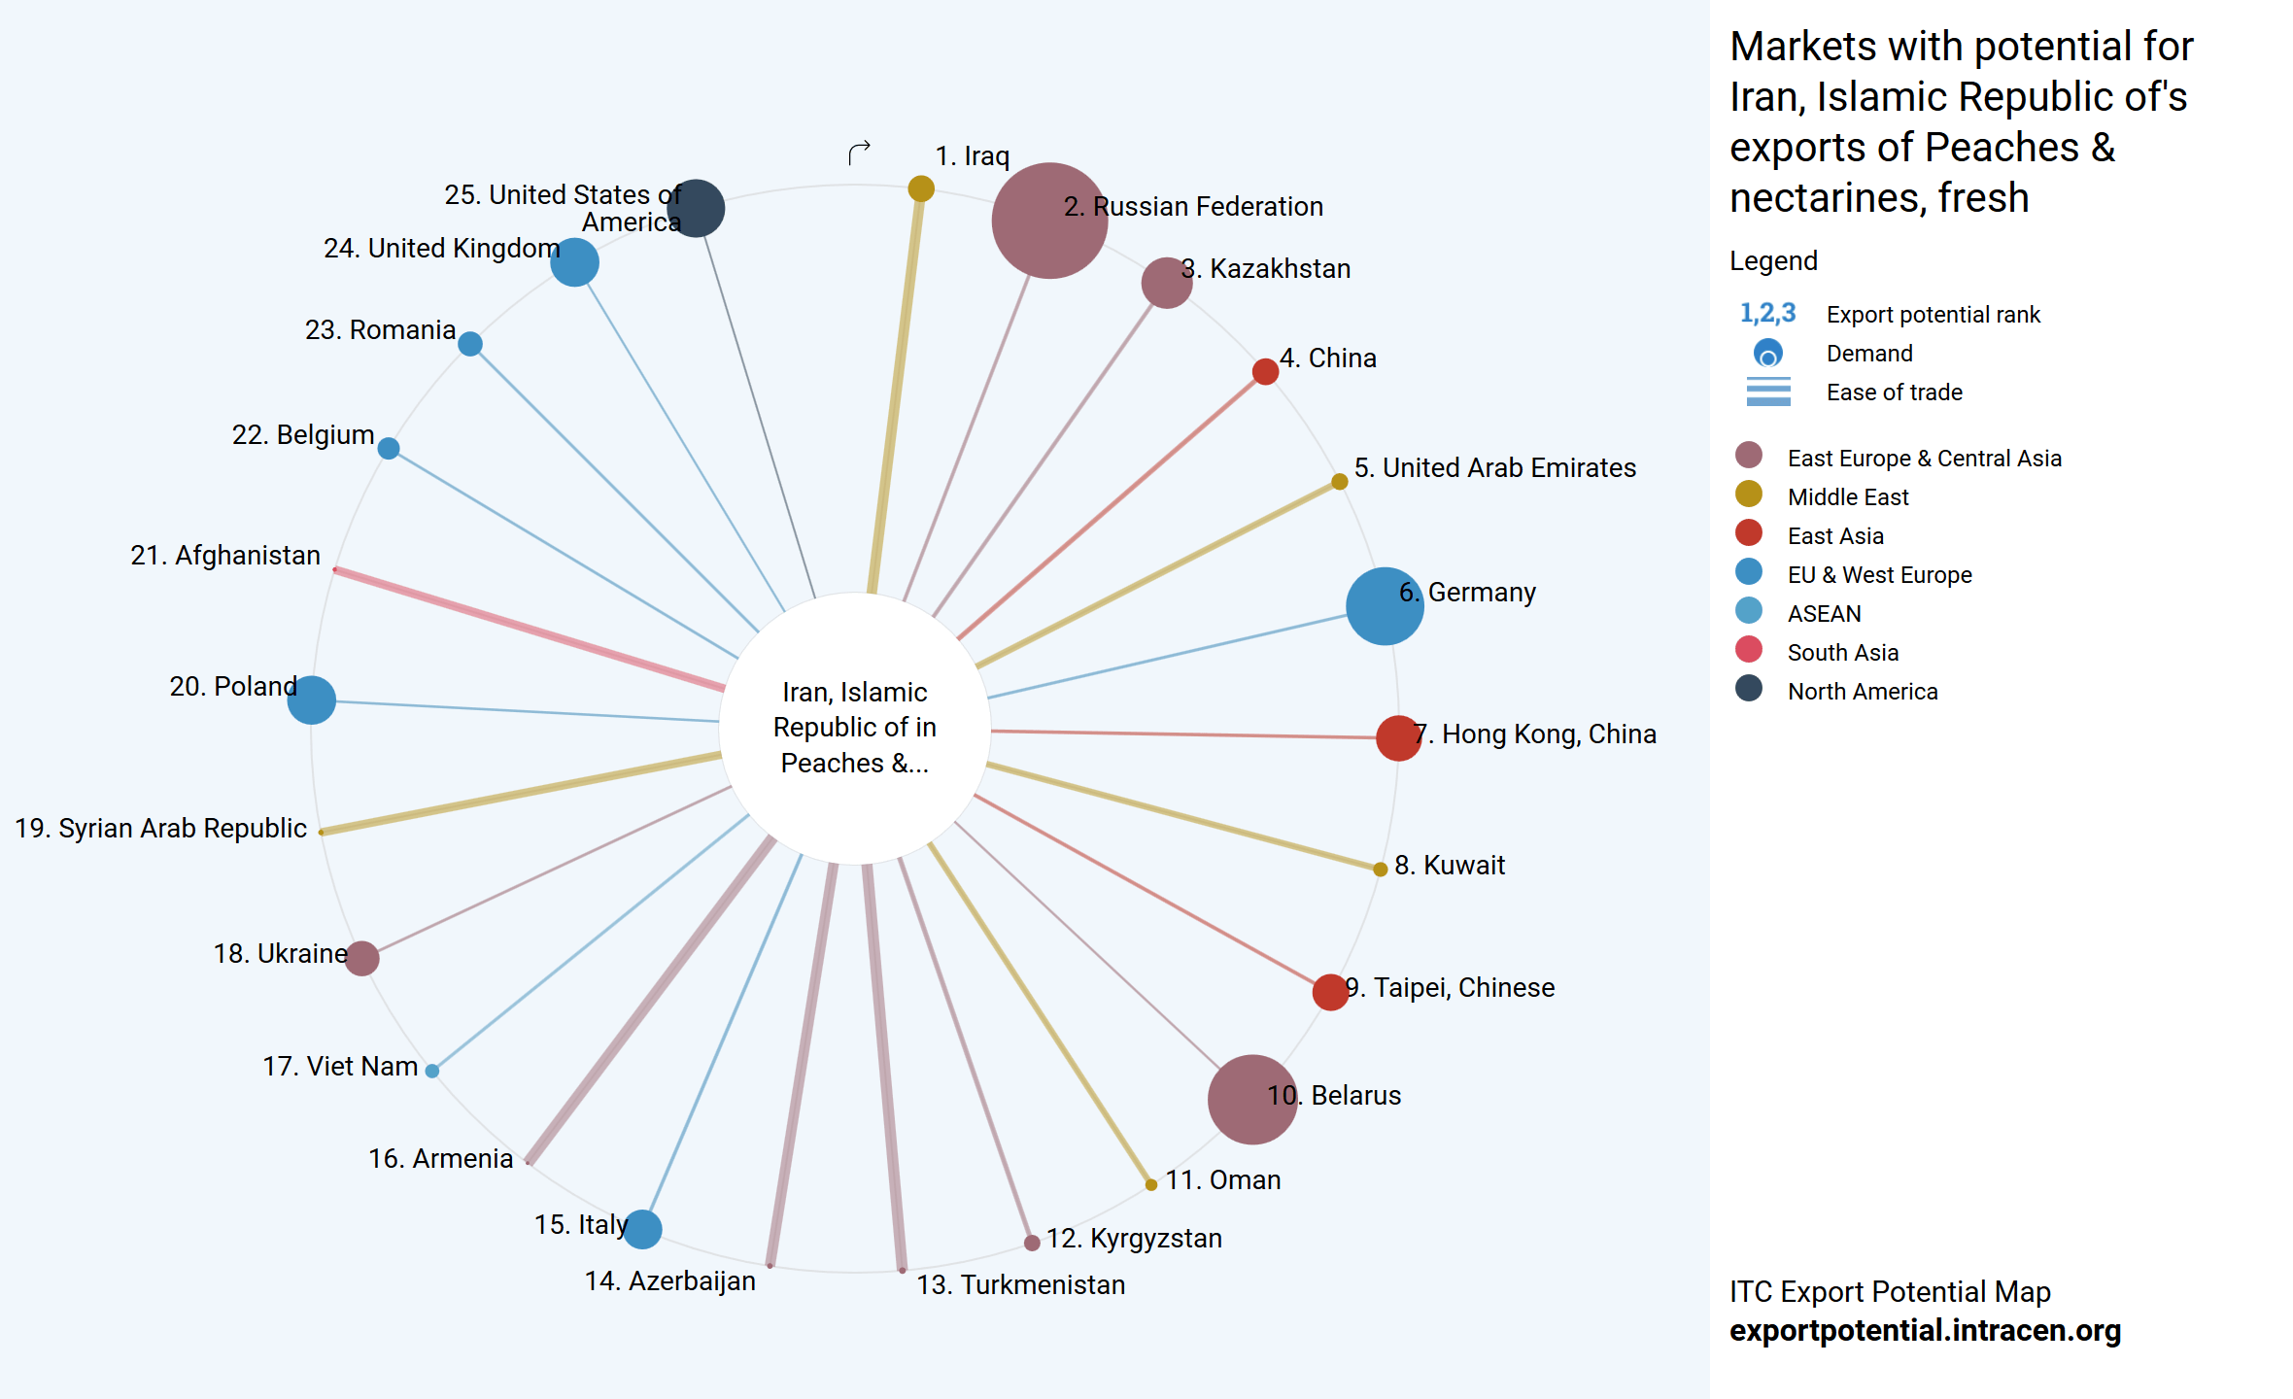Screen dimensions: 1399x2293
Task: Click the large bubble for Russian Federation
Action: coord(1049,221)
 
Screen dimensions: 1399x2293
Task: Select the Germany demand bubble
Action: coord(1385,606)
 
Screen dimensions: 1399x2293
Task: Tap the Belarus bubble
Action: coord(1252,1099)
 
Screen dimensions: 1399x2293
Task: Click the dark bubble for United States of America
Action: coord(697,208)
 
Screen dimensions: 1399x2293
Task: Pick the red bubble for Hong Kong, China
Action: coord(1398,737)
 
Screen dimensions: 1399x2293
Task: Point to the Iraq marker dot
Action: coord(921,188)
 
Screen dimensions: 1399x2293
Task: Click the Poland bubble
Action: coord(312,699)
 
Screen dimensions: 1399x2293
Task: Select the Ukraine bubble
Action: coord(361,958)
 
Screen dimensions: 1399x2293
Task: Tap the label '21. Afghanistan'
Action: coord(225,556)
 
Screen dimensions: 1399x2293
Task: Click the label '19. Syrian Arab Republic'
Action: coord(160,829)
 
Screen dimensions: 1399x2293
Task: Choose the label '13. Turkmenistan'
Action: coord(1020,1285)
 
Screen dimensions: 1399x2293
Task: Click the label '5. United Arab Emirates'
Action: coord(1494,468)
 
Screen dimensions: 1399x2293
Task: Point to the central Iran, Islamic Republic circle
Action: coord(855,728)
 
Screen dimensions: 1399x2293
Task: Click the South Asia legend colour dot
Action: coord(1749,650)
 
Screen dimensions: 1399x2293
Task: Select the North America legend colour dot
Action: coord(1749,689)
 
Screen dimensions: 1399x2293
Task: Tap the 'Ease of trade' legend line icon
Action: coord(1768,392)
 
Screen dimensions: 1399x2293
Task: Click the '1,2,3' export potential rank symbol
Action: coord(1767,314)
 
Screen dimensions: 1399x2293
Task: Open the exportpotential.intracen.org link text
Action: coord(1925,1330)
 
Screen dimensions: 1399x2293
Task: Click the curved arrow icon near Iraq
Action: coord(859,153)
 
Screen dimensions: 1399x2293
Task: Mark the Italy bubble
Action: coord(642,1229)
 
